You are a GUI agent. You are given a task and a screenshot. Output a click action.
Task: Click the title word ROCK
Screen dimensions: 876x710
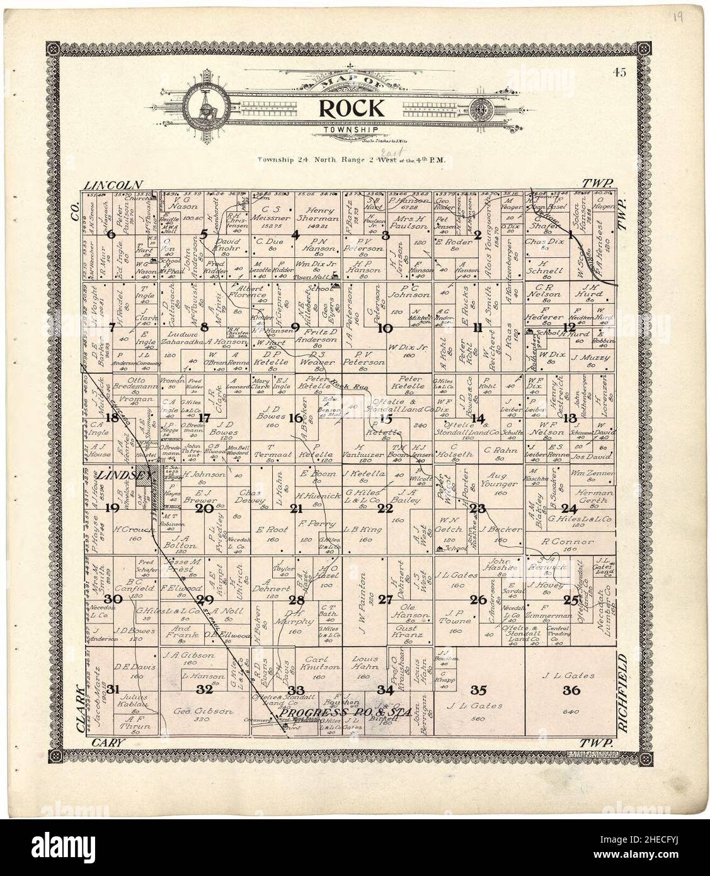point(351,108)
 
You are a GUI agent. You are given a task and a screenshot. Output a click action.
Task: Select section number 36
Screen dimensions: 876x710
point(571,690)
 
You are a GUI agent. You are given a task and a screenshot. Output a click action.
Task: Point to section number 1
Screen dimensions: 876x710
point(571,236)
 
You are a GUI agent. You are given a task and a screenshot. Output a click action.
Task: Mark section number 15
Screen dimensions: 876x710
point(386,418)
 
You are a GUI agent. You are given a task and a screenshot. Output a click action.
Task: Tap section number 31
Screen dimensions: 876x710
point(113,689)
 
